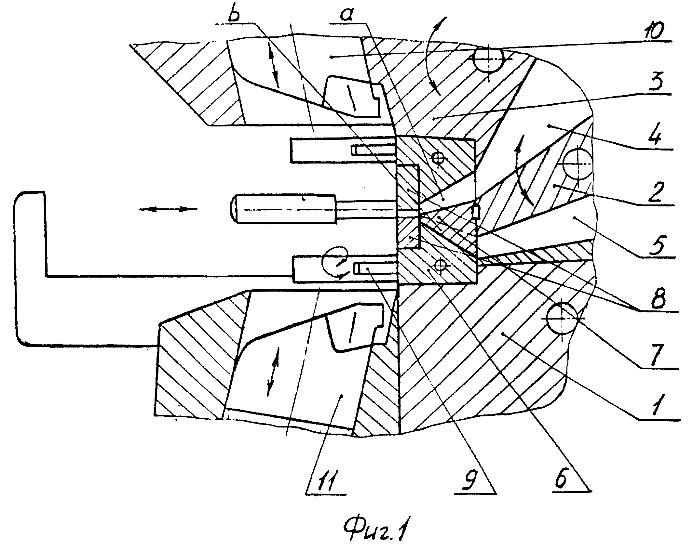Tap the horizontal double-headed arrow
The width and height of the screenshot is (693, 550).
pos(168,209)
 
